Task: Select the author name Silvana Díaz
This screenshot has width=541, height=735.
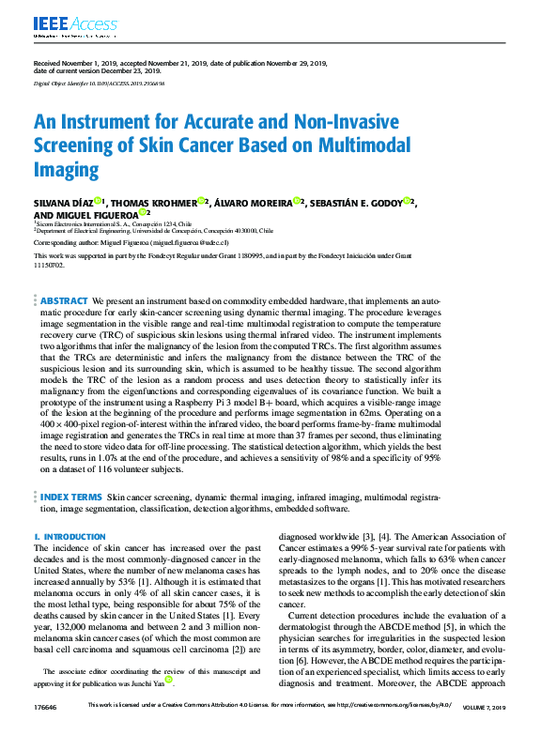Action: pyautogui.click(x=62, y=202)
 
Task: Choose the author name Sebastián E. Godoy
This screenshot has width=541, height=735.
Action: pyautogui.click(x=358, y=202)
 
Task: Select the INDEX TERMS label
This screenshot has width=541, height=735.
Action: pyautogui.click(x=71, y=497)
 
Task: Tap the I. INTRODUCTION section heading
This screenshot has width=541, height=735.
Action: pyautogui.click(x=70, y=537)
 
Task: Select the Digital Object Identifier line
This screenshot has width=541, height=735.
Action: pyautogui.click(x=99, y=84)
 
